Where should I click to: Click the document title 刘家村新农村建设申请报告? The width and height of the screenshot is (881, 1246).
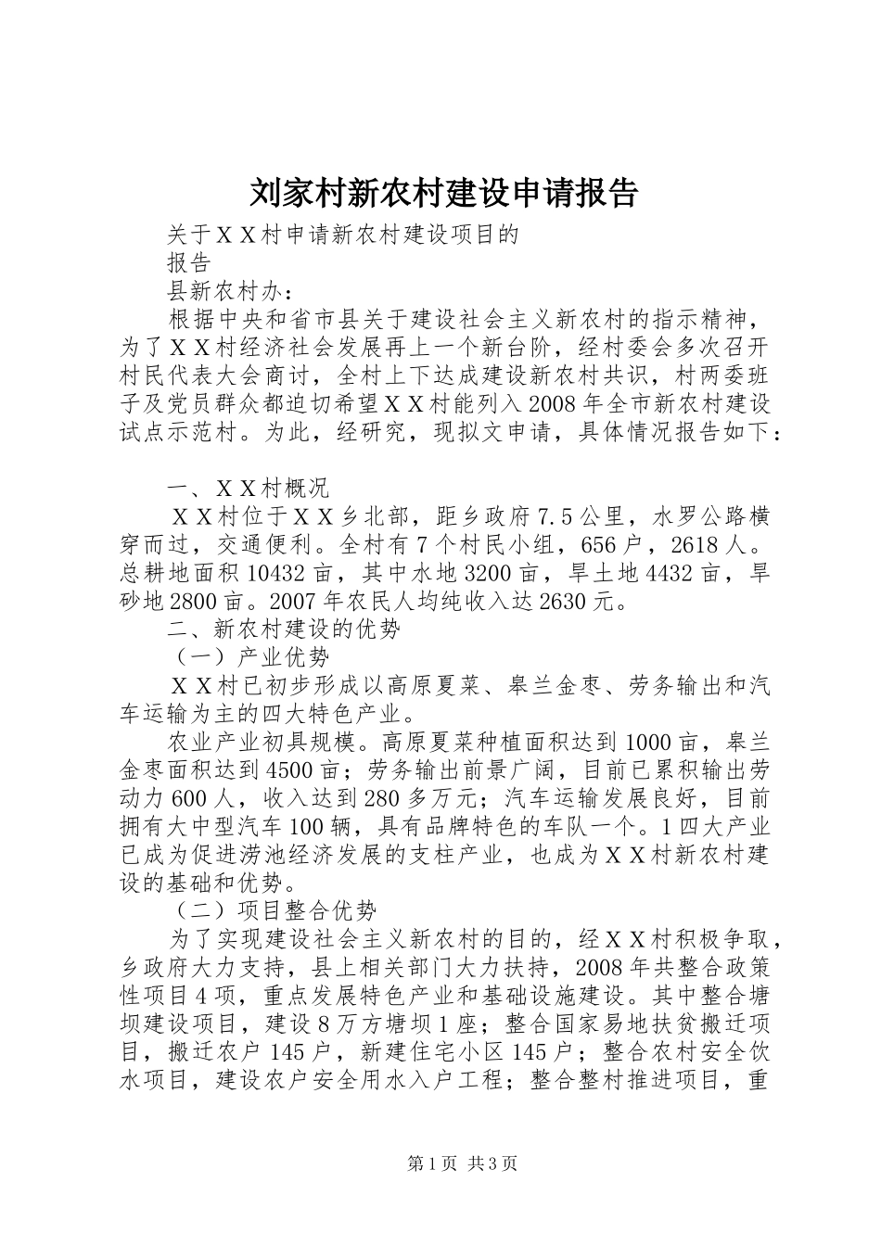click(x=444, y=193)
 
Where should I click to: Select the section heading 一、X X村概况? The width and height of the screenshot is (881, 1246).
click(x=248, y=488)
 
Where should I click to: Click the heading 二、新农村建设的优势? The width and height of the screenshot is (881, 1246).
click(x=283, y=629)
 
